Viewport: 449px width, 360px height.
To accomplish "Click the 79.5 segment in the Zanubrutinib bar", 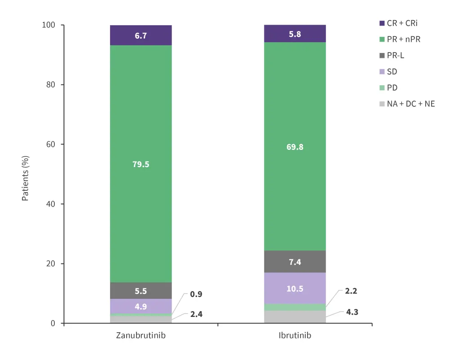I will coord(141,164).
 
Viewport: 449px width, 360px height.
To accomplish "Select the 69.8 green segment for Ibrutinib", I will coord(295,146).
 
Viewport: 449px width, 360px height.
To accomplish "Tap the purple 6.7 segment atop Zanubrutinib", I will coord(141,35).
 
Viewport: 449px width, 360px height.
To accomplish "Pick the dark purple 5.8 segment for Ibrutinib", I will coord(295,34).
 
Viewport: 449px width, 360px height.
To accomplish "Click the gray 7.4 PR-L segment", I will coord(295,262).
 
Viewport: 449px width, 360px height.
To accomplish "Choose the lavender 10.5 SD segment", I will coord(295,289).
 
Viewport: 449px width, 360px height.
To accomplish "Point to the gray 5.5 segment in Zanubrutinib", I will coord(141,291).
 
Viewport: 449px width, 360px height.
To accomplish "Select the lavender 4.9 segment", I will coord(141,307).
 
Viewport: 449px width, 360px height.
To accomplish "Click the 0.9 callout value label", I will coord(196,295).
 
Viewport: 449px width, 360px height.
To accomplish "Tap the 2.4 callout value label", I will coord(196,314).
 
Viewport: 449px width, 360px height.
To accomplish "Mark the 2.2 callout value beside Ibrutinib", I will coord(351,291).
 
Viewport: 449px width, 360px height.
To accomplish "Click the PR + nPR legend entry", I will coord(403,39).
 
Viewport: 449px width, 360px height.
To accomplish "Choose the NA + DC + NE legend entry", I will coord(410,104).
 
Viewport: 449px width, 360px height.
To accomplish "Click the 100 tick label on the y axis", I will coord(48,25).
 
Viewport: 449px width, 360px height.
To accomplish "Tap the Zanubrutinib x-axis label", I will coord(141,336).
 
